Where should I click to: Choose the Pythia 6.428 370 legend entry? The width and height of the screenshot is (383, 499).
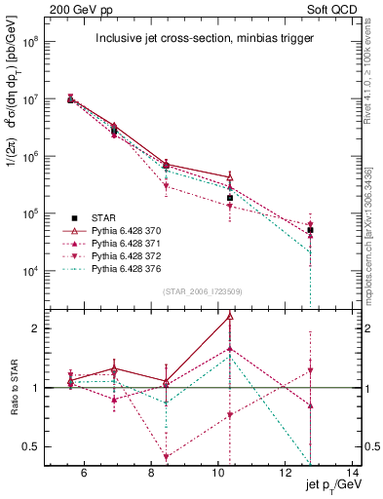[137, 230]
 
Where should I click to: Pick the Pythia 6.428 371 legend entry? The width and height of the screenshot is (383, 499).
[137, 243]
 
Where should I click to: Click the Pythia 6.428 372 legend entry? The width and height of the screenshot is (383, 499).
[137, 255]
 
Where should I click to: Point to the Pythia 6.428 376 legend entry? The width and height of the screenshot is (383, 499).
[137, 268]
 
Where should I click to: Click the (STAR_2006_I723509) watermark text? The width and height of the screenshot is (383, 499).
[203, 289]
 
